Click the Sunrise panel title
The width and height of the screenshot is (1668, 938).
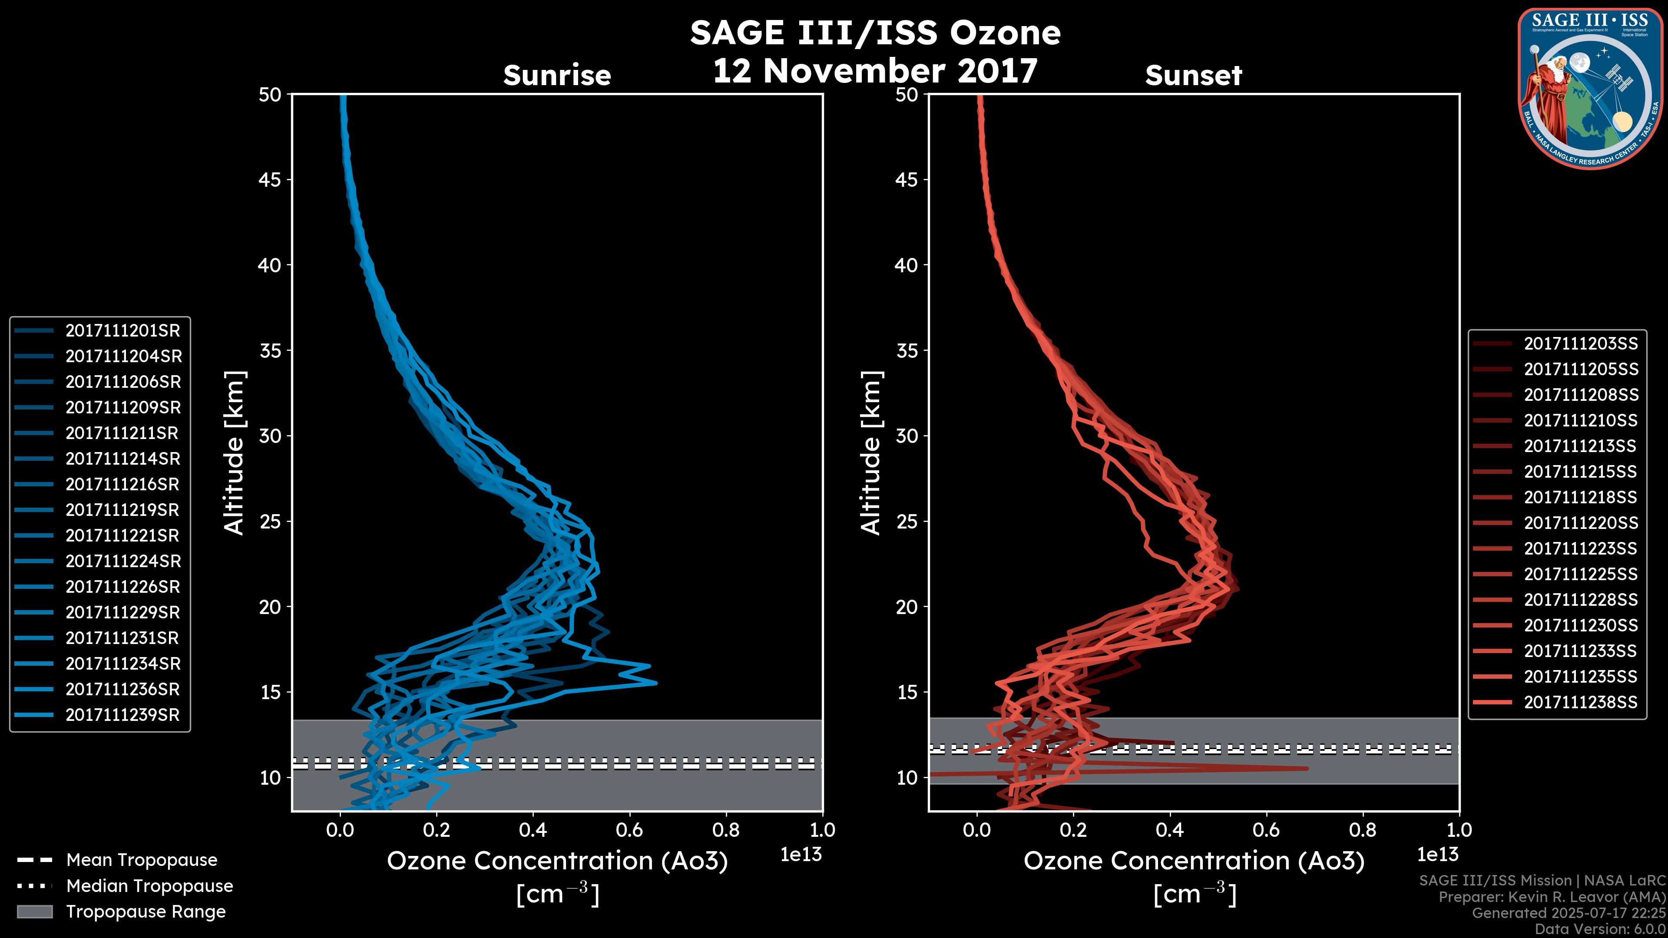557,76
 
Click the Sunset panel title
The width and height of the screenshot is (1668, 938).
1193,76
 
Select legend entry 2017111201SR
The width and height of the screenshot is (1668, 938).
122,331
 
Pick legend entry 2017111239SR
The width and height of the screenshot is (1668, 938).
122,715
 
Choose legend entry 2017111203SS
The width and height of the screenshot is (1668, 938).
1581,344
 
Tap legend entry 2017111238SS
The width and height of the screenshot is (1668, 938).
1581,702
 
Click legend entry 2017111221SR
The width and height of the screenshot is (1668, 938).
122,536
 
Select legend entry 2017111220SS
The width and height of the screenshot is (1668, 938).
1581,523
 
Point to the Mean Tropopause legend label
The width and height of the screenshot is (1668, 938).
142,860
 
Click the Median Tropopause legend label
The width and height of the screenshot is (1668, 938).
149,886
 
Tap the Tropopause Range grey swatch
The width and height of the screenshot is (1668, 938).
34,912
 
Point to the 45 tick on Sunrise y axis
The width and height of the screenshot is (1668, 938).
271,180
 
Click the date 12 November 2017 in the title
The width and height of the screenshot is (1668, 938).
875,71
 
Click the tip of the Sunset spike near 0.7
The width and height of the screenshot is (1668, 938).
1307,768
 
